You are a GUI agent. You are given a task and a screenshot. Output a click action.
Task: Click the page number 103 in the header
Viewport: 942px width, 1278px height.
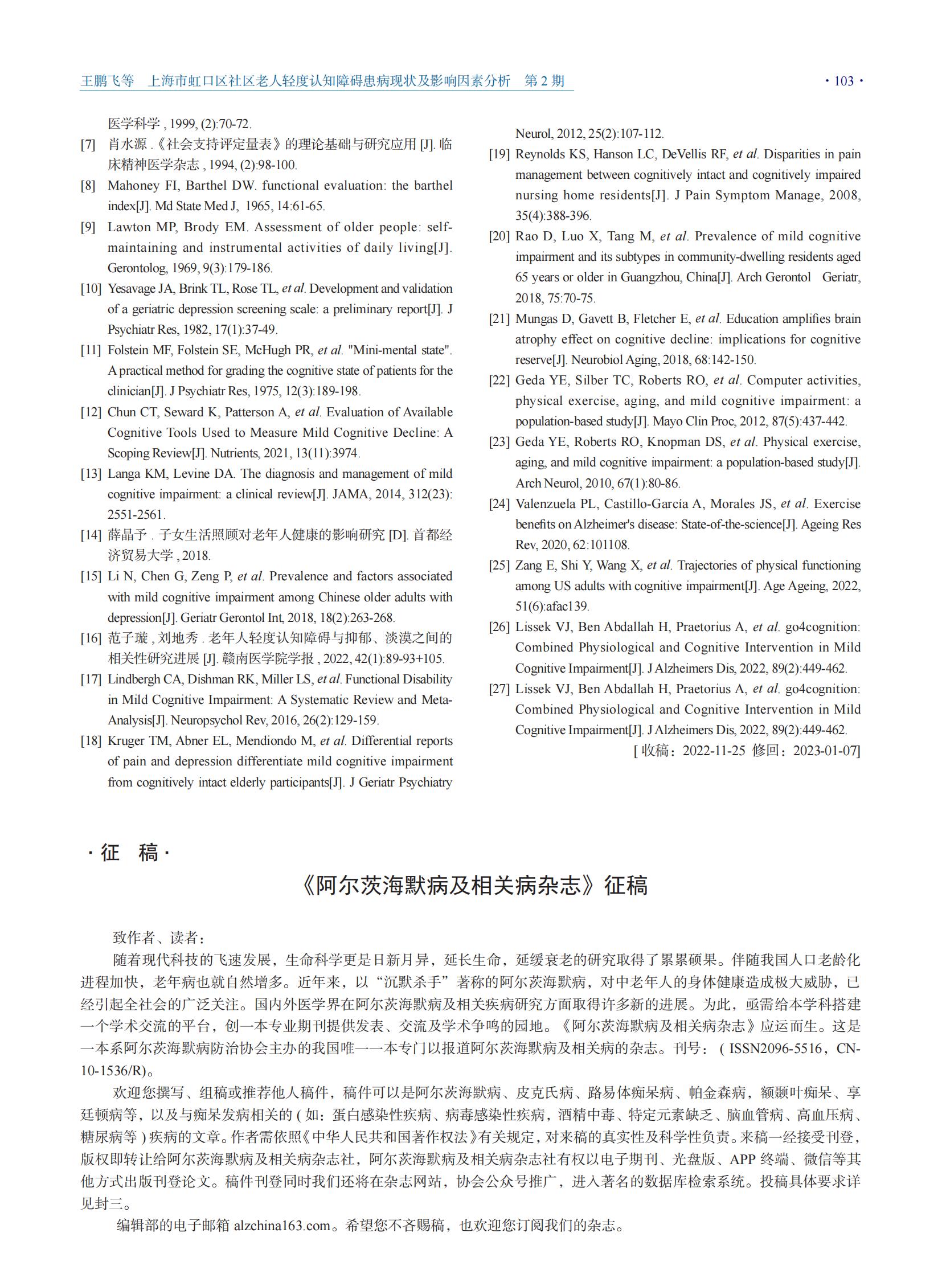coord(843,81)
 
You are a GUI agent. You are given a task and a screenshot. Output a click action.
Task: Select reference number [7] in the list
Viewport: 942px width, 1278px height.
coord(88,145)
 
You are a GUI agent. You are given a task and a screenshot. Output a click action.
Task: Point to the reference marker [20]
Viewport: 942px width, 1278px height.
coord(499,237)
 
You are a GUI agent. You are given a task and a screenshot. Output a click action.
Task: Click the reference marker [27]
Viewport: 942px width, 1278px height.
coord(499,689)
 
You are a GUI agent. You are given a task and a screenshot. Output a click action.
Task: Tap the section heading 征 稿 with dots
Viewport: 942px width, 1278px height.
coord(129,853)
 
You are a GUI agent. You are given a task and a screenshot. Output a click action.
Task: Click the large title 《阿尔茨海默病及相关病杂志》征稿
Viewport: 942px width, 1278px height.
coord(474,886)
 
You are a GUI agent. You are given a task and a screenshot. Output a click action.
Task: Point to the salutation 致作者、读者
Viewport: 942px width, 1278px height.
coord(158,937)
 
